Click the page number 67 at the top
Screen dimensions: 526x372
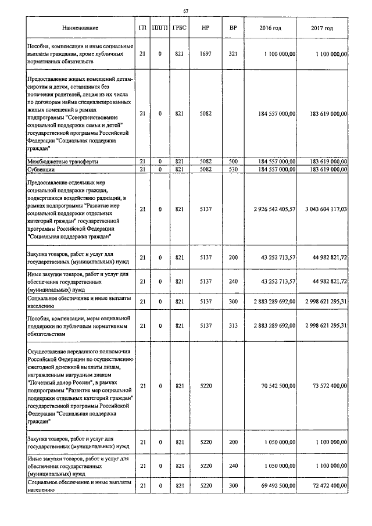186,12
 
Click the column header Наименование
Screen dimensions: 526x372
81,28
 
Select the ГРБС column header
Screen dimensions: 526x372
179,28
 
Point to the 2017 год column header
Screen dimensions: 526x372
322,28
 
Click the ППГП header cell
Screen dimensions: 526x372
159,28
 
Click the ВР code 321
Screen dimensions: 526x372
233,53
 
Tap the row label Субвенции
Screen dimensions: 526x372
41,169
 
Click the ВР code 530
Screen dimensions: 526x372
233,169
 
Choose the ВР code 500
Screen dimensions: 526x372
233,161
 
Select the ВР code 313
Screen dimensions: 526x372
233,325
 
